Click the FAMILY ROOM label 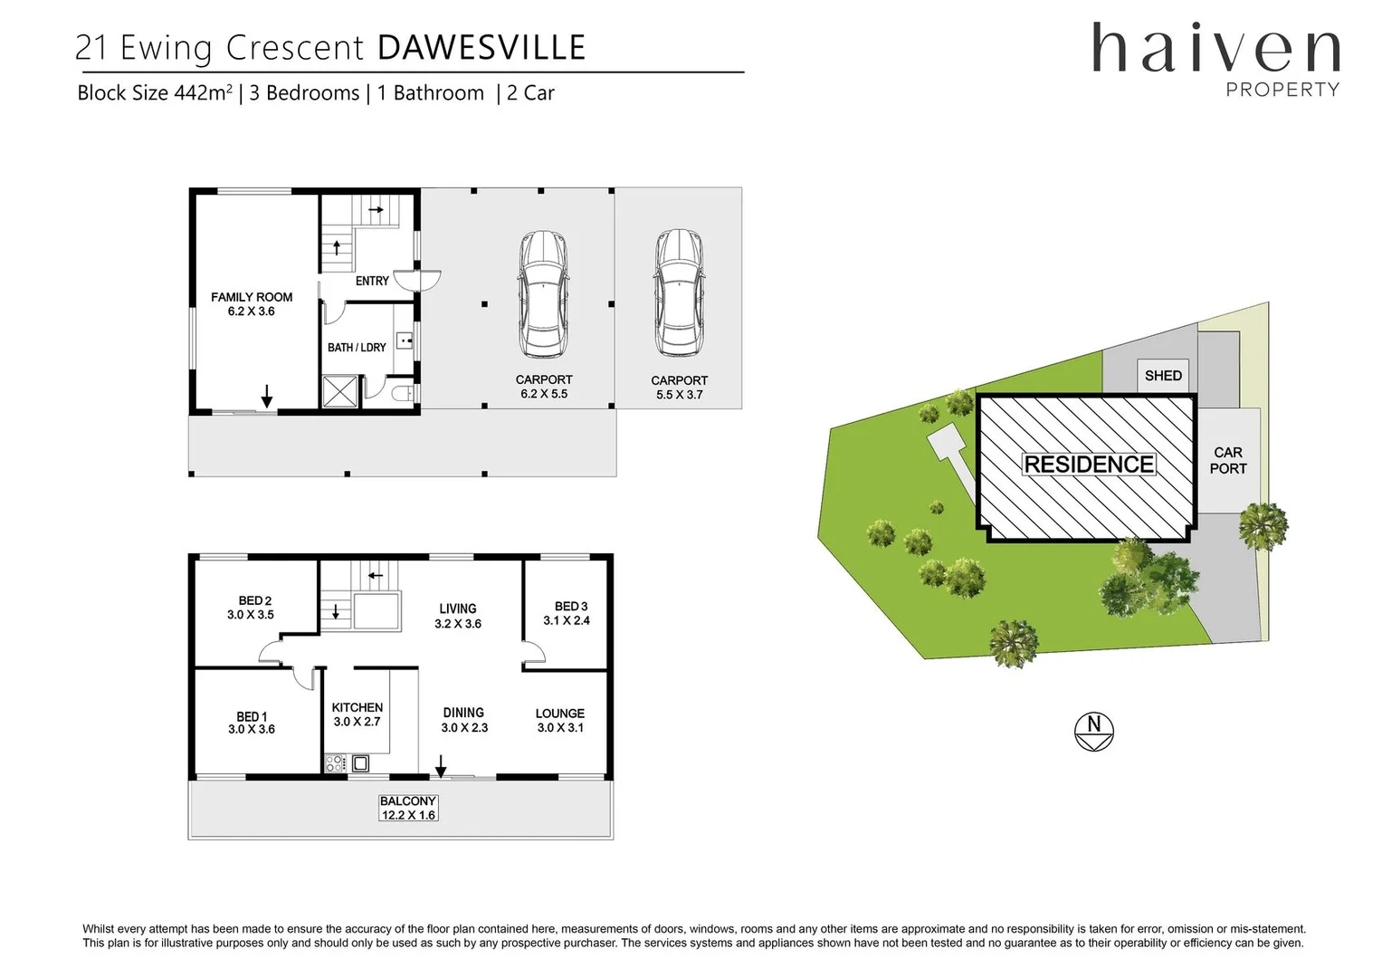(252, 297)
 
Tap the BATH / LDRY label (357, 348)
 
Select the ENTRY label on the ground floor (372, 282)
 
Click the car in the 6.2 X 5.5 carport (543, 294)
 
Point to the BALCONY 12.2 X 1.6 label (408, 808)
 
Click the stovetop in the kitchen (336, 763)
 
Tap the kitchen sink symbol (360, 763)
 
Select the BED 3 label (571, 607)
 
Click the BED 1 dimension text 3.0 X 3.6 (252, 730)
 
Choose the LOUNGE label (560, 714)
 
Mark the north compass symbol (1094, 732)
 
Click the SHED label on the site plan (1163, 376)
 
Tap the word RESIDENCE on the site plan (1089, 465)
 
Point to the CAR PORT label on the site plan (1228, 460)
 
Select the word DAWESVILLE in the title (481, 48)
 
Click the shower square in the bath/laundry (340, 392)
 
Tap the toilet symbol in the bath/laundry (404, 393)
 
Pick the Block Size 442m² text (155, 93)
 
